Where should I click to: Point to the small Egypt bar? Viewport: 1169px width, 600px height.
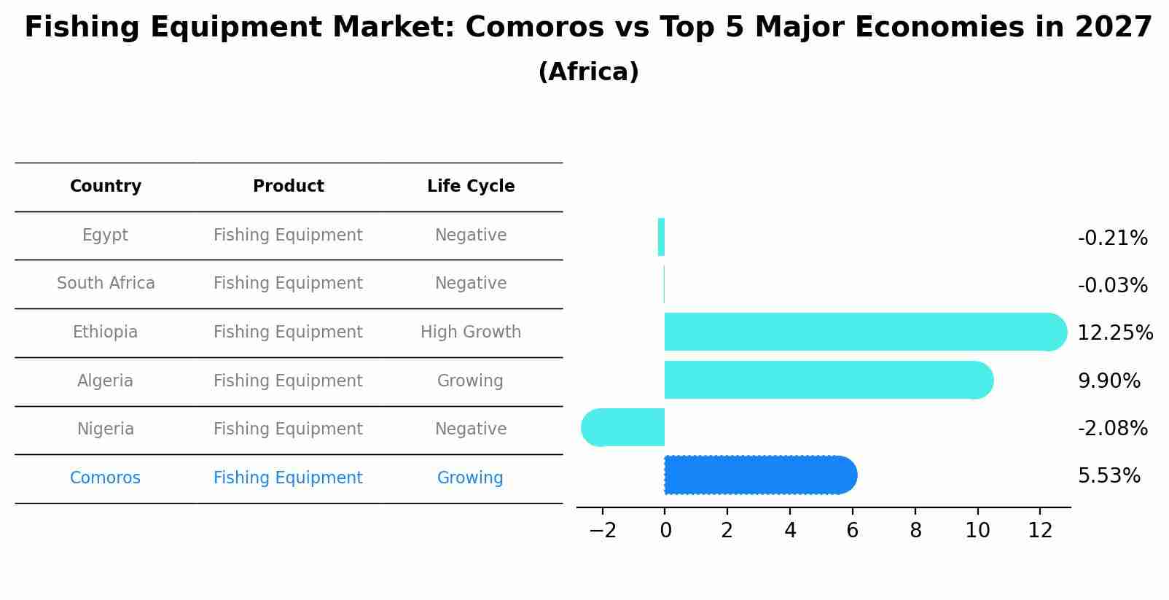pos(661,237)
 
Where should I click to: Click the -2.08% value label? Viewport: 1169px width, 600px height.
pos(1112,429)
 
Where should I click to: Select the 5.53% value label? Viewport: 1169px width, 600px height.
pos(1109,476)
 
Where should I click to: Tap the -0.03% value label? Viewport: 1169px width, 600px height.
pos(1112,286)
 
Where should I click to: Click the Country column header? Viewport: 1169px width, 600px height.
pos(106,187)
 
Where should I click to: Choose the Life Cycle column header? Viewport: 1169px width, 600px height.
pos(471,187)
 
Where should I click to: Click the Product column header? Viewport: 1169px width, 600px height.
pos(288,187)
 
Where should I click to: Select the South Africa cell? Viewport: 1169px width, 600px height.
pos(106,284)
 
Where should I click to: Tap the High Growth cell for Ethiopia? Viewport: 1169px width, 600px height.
pos(471,332)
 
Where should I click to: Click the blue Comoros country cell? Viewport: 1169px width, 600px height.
pos(106,478)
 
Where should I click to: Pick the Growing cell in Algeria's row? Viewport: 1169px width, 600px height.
pos(470,381)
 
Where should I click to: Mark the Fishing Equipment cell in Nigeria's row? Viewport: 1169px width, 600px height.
pos(288,429)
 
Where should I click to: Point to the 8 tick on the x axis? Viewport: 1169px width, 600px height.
pos(915,531)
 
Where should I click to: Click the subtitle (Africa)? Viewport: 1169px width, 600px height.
pos(588,72)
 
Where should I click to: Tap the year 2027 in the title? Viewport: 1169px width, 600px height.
pos(1113,28)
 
